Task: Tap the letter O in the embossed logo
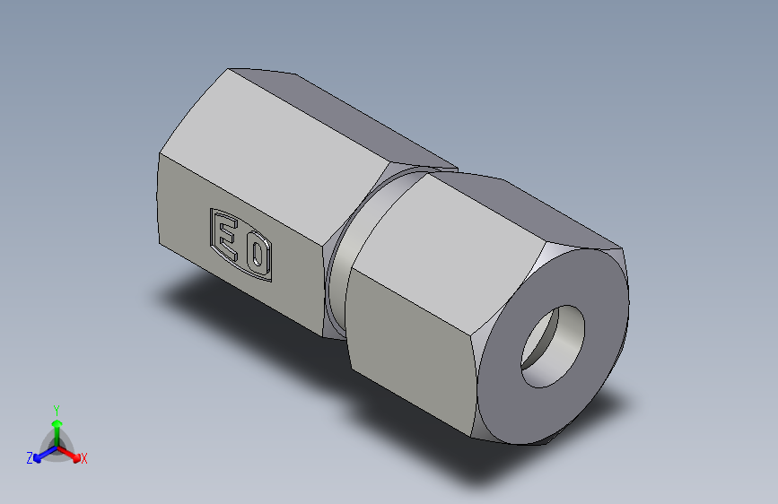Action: (257, 255)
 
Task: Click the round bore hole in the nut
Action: (552, 346)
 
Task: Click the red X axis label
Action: (83, 458)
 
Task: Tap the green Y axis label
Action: (56, 409)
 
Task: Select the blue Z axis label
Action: (30, 458)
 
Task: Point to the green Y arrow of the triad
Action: (56, 427)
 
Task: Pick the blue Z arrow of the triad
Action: (41, 453)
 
